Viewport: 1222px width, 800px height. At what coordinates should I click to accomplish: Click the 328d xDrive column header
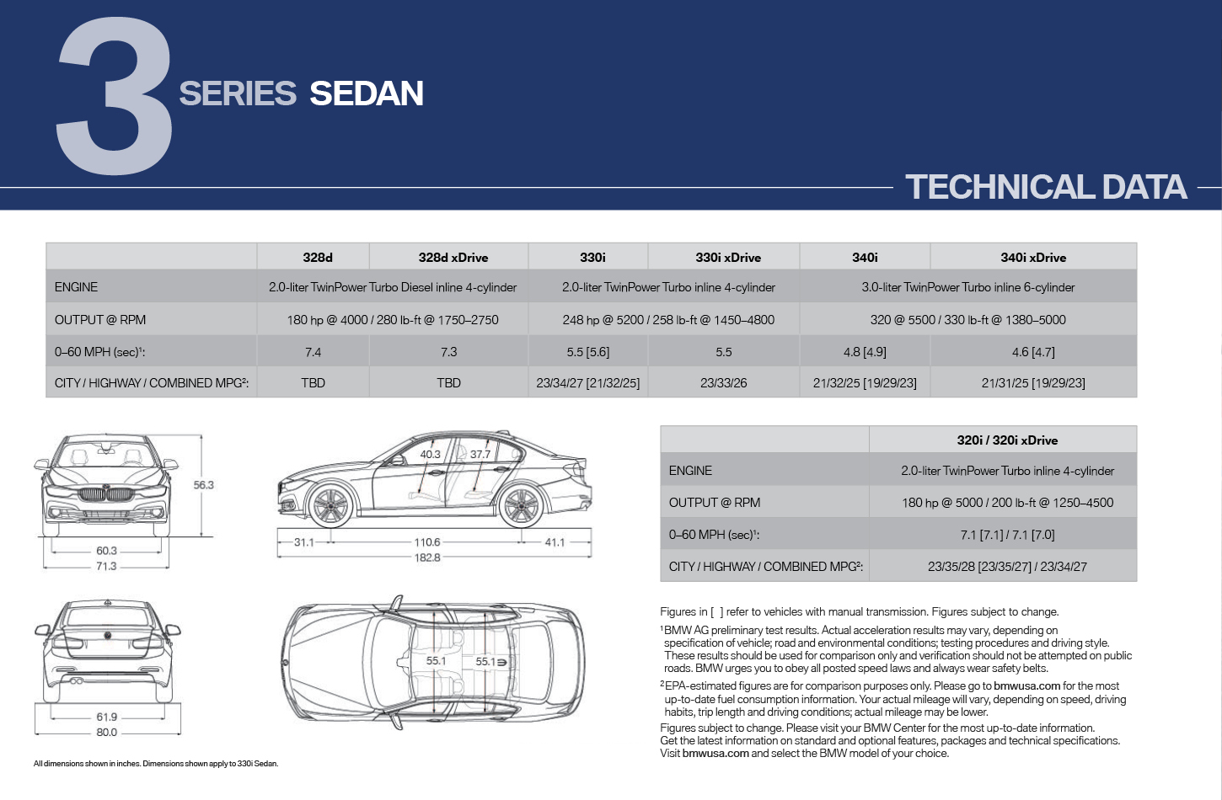tap(453, 257)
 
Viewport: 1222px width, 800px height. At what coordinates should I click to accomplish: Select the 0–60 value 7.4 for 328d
tap(313, 352)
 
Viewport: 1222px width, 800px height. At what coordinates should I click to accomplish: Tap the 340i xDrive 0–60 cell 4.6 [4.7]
tap(1033, 352)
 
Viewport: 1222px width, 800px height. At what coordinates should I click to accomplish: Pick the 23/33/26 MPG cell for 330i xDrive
tap(723, 383)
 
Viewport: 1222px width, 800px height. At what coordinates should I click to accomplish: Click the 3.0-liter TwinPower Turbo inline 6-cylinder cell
tap(967, 287)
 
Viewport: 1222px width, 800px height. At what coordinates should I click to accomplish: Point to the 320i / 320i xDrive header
tap(1007, 440)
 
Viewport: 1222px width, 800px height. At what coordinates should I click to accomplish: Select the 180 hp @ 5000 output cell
tap(1007, 503)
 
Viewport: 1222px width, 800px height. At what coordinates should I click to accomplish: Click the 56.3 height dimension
tap(203, 484)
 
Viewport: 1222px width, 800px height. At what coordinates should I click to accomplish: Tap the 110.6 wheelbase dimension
tap(426, 542)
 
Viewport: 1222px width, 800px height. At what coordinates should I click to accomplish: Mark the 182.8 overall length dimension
tap(426, 557)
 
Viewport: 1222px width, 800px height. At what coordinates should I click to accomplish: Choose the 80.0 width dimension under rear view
tap(106, 733)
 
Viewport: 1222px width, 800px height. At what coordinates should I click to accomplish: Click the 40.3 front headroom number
tap(430, 454)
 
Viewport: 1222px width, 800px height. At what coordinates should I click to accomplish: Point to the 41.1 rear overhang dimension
tap(555, 542)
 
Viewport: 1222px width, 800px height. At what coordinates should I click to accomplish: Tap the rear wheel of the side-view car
tap(521, 505)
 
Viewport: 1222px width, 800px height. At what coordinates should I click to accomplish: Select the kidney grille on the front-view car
tap(106, 495)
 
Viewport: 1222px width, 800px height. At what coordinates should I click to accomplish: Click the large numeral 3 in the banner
tap(115, 95)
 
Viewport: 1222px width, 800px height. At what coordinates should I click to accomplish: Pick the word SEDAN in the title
tap(366, 93)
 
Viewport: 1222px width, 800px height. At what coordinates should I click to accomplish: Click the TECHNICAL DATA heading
tap(1046, 187)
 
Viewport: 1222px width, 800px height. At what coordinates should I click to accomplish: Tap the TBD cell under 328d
tap(313, 383)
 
